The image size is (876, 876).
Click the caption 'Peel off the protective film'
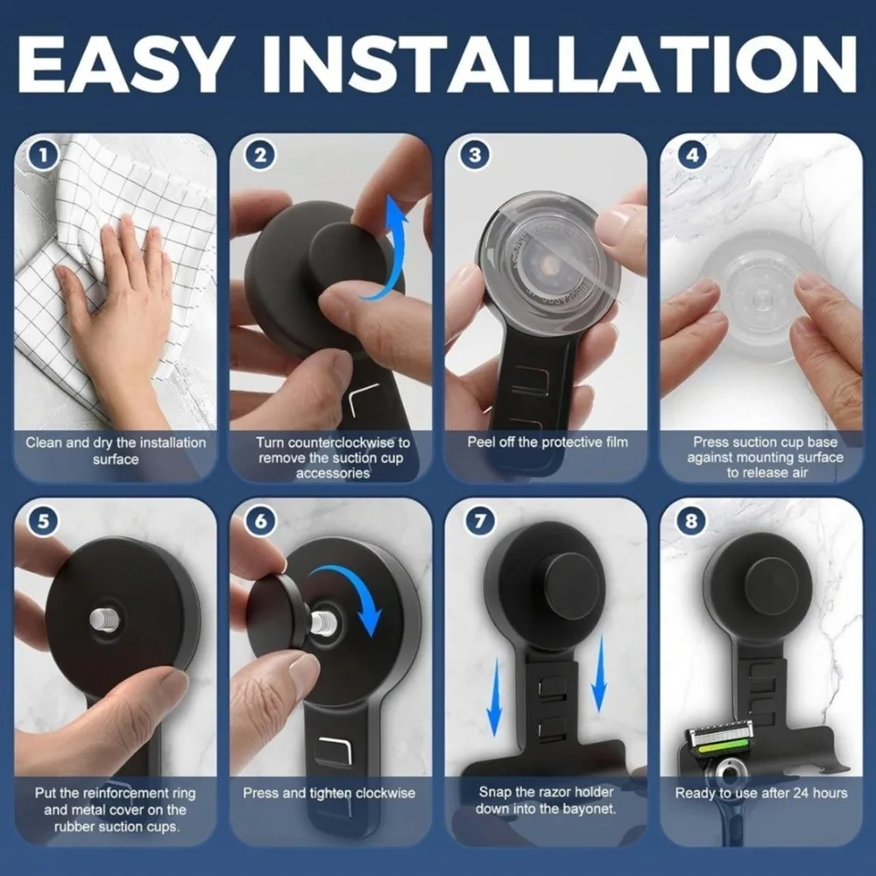547,442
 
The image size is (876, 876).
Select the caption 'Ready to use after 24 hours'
761,793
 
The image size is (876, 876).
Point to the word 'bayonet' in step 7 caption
588,809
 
